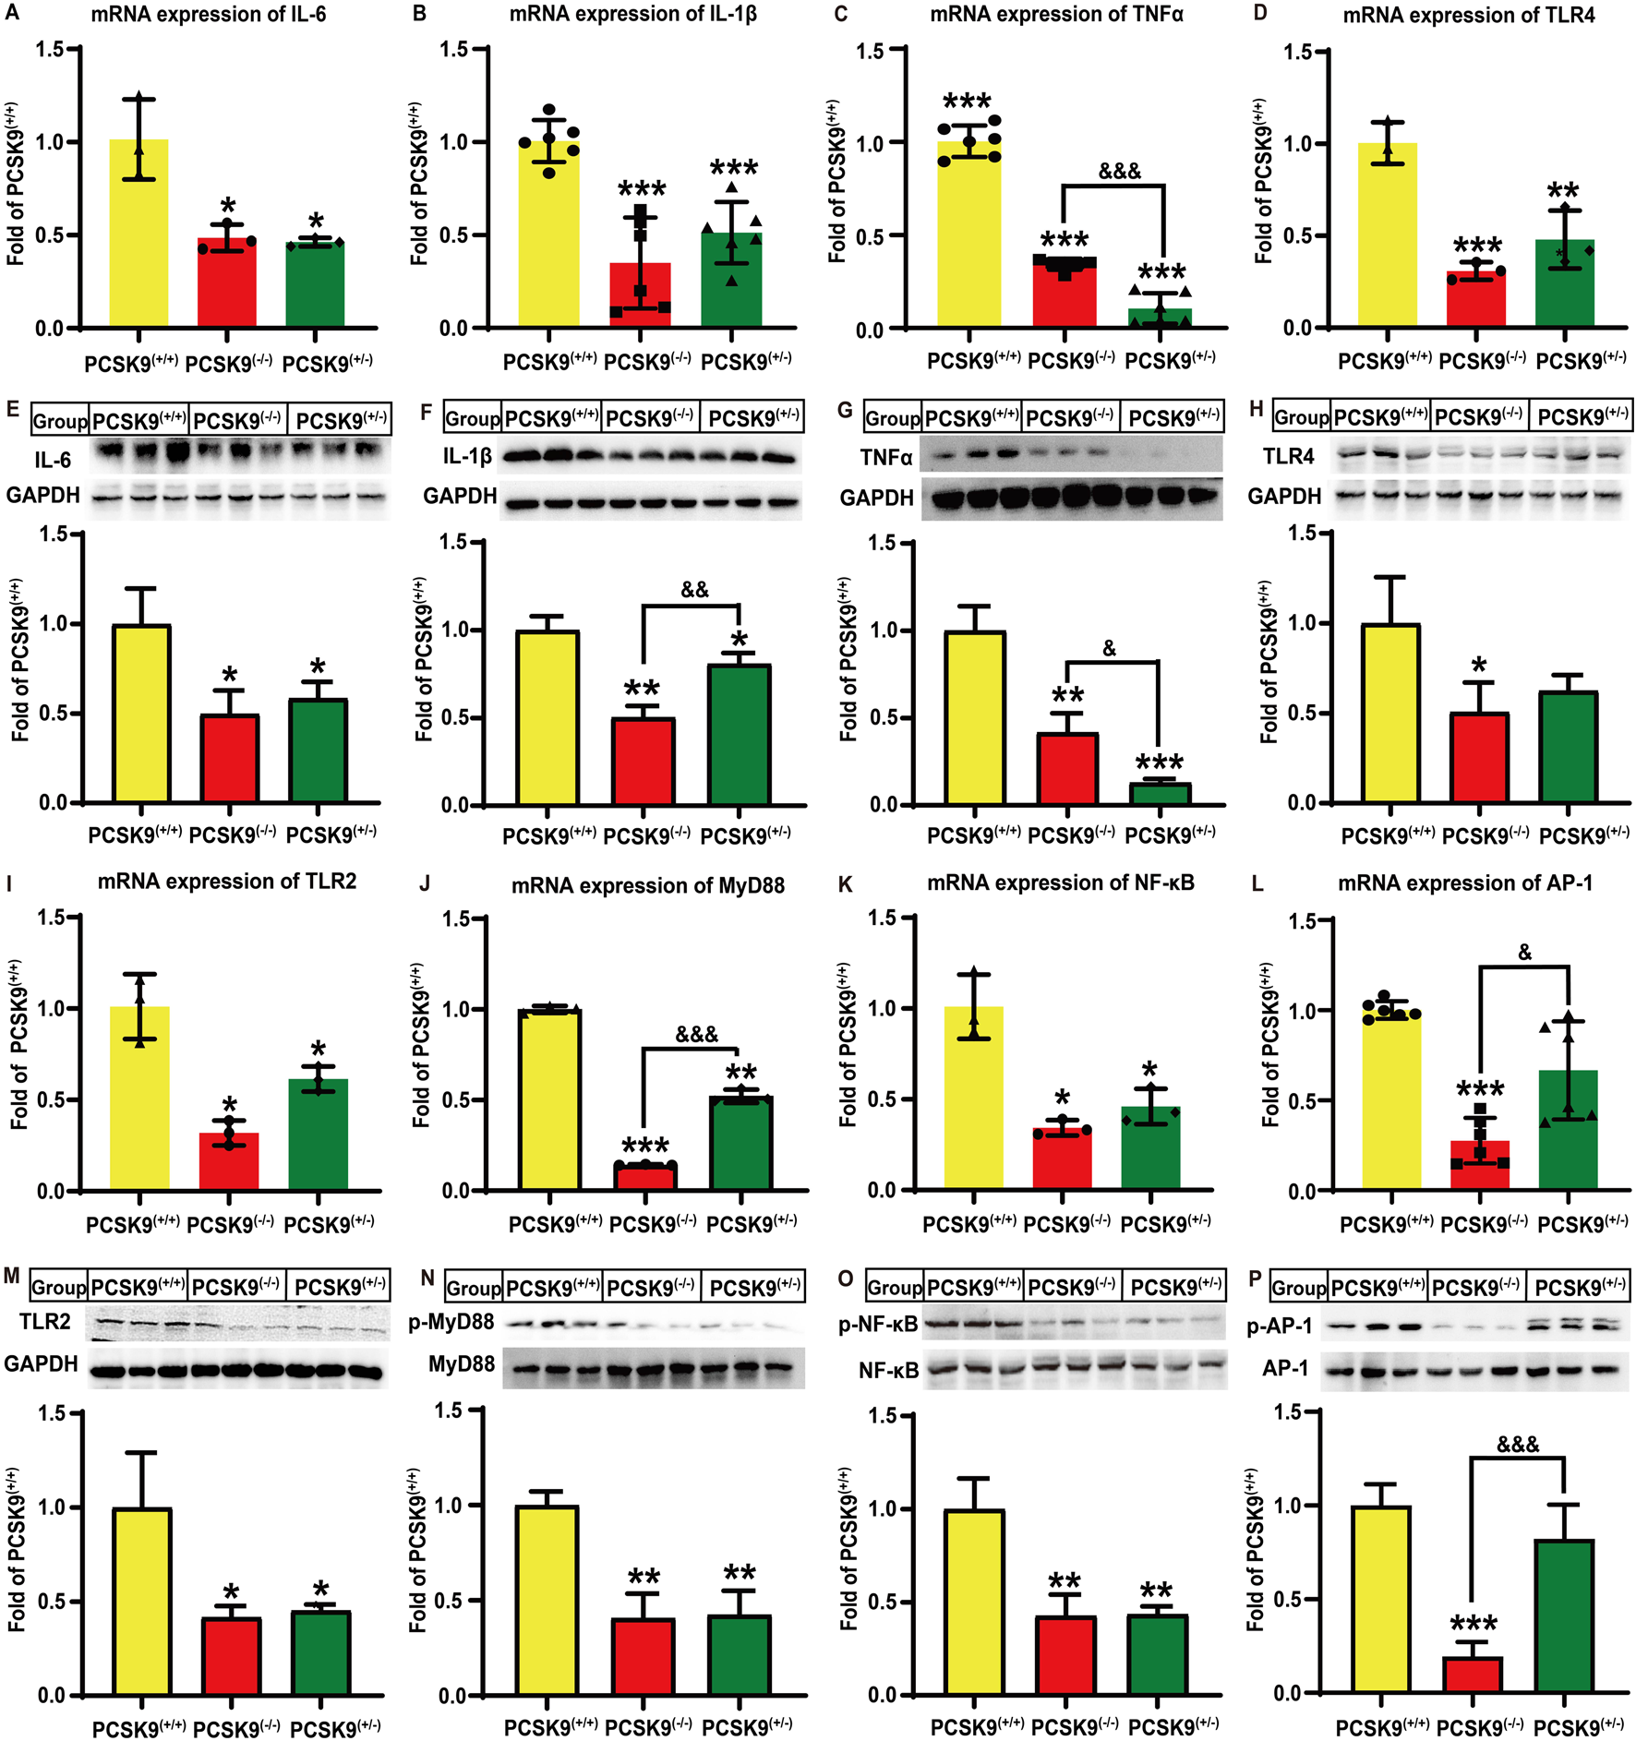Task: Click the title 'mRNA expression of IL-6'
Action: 208,15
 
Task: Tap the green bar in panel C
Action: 1160,317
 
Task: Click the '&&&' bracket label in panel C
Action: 1119,171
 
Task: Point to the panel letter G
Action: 845,410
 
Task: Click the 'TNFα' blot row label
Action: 885,457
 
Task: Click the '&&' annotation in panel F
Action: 694,590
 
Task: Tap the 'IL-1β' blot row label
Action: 467,456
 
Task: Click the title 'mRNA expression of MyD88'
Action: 648,885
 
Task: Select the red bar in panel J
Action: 644,1177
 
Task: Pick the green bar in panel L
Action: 1568,1130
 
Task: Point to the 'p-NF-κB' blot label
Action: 878,1325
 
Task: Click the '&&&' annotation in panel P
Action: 1518,1445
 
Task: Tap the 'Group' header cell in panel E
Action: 60,421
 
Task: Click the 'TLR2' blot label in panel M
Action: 44,1322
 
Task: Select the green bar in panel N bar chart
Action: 740,1655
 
